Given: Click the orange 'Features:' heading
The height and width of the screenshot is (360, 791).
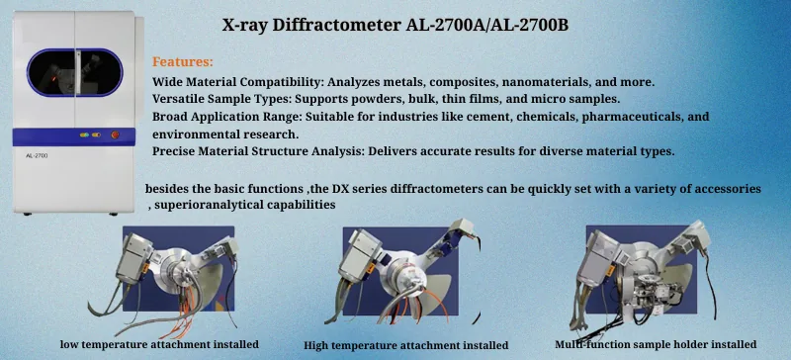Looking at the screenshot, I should tap(183, 61).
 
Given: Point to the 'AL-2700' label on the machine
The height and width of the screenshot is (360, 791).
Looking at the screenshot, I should tap(37, 155).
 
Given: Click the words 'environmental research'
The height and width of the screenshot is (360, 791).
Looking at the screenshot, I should tap(225, 133).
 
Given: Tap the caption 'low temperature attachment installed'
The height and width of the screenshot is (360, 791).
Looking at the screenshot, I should tap(160, 344).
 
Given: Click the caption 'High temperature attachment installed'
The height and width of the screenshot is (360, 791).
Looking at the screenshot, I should tap(406, 346).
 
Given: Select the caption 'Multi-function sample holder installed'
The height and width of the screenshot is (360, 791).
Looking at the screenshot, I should tap(655, 344).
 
